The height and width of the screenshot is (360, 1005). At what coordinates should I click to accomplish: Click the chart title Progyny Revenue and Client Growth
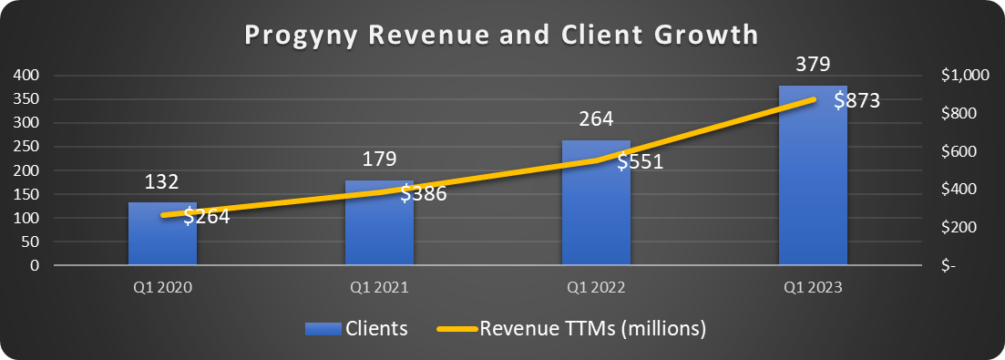click(x=502, y=36)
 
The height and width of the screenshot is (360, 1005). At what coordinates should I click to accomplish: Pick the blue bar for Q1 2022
click(x=596, y=210)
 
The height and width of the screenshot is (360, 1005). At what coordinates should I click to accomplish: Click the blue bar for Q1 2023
click(x=813, y=182)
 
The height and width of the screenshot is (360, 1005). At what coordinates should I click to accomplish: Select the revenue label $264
click(x=206, y=217)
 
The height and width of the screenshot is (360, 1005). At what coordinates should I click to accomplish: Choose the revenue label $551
click(x=640, y=162)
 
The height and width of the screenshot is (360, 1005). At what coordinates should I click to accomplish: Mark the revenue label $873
click(x=856, y=101)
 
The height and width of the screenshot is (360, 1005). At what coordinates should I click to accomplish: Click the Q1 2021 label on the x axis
click(x=379, y=286)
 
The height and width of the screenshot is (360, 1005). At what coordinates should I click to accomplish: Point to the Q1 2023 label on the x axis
click(x=813, y=286)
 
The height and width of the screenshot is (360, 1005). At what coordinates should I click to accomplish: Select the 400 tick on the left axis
click(x=26, y=76)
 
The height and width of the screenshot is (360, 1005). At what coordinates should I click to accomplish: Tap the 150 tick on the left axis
click(x=26, y=194)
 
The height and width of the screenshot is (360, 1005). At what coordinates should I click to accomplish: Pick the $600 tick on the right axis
click(x=957, y=151)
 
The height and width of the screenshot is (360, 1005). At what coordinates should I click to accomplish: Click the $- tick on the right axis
click(x=949, y=266)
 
